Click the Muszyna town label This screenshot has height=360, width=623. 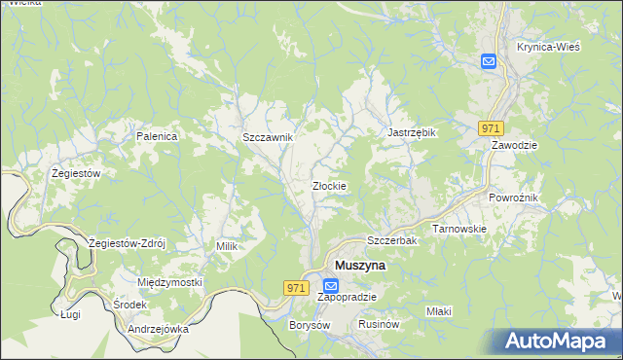point(360,265)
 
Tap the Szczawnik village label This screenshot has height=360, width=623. point(268,138)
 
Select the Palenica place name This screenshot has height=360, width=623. point(157,137)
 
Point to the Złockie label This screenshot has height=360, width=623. point(329,186)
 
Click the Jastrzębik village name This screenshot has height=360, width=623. point(412,132)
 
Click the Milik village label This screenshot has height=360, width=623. point(227,247)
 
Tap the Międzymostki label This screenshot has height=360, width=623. point(169,282)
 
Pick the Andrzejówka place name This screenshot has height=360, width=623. point(158,329)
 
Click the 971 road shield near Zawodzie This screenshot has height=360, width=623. point(491,128)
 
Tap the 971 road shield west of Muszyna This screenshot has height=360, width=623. point(298,287)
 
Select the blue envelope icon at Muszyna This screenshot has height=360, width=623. point(330,287)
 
